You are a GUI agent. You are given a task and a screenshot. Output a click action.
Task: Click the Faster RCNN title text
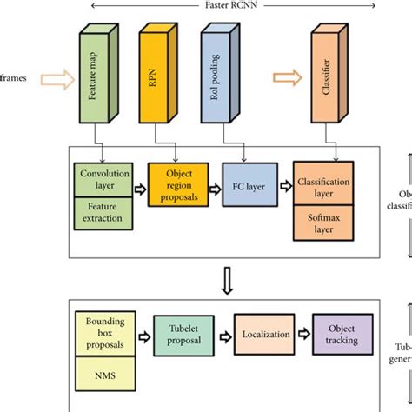coord(208,5)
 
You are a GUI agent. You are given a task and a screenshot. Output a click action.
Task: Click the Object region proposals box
coord(178,185)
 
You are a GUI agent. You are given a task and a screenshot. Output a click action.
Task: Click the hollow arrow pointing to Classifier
coord(283,79)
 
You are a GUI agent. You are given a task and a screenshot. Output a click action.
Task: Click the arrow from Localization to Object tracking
coord(300,334)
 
